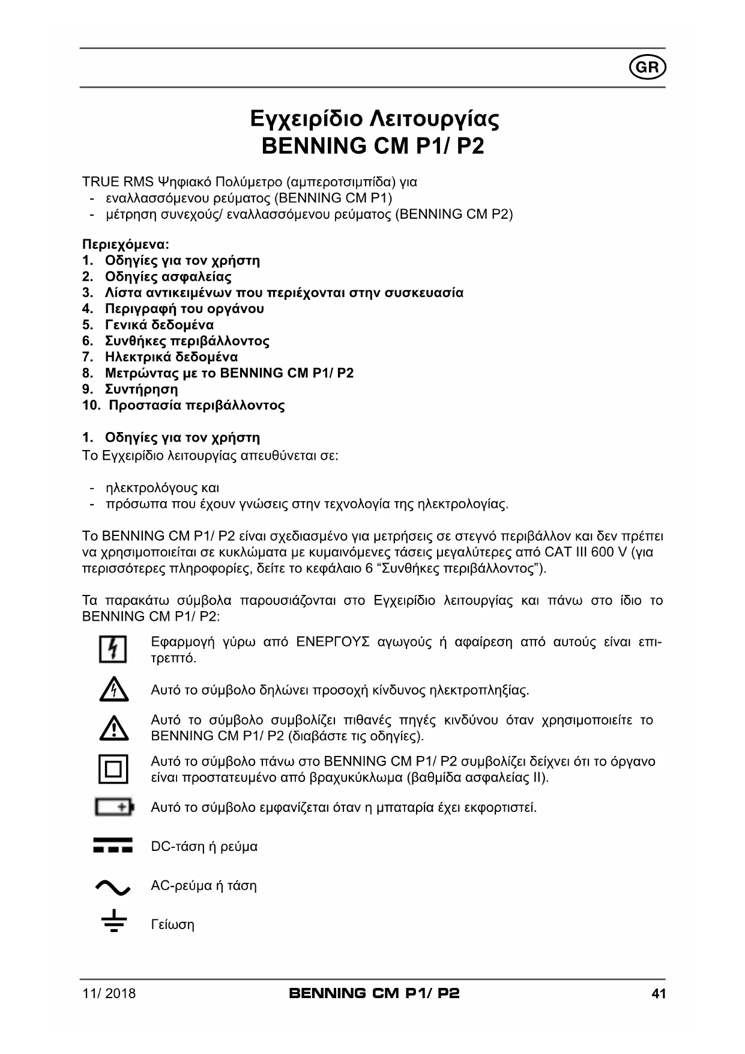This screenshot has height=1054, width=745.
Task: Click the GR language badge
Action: [648, 68]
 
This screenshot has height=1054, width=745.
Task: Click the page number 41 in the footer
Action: [659, 993]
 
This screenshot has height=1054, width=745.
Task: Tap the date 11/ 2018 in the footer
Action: [109, 993]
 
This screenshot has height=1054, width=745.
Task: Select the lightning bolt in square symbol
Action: [113, 650]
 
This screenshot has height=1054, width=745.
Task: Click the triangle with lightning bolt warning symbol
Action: [113, 690]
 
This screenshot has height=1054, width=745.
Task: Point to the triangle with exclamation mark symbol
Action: [113, 728]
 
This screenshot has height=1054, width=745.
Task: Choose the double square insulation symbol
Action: [113, 769]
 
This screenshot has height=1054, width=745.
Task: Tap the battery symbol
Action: [114, 807]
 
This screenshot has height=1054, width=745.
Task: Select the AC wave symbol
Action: [113, 886]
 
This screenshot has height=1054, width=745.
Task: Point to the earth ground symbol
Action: [113, 923]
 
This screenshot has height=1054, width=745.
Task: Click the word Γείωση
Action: [172, 925]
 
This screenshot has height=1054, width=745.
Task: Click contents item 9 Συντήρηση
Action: [141, 389]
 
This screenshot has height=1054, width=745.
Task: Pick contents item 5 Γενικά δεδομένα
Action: [159, 324]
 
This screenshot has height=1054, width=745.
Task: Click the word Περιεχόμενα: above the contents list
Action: [125, 245]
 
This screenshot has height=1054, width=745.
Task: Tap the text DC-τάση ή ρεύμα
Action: [204, 847]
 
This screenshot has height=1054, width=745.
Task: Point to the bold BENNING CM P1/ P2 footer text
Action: [374, 993]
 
